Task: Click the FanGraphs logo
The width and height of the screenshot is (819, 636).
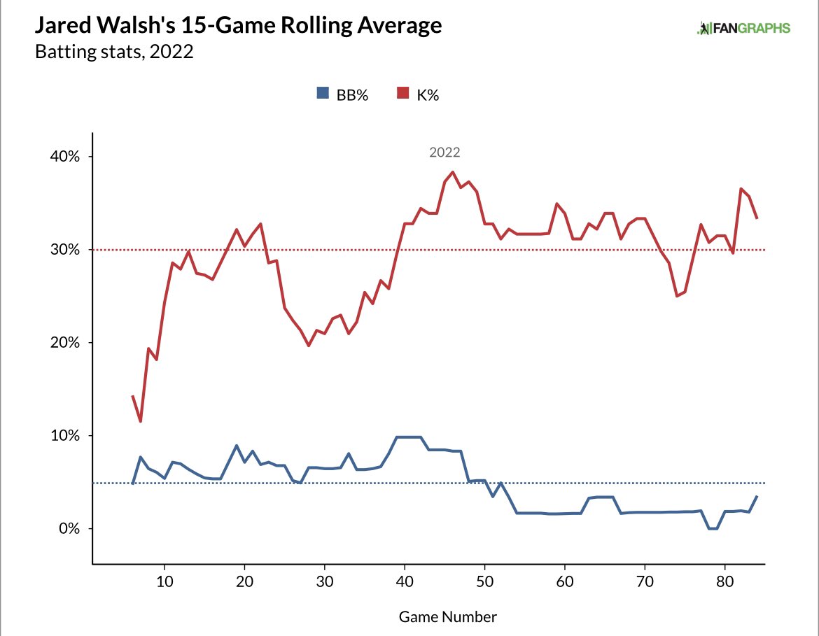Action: click(743, 28)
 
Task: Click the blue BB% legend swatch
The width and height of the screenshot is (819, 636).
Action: click(323, 93)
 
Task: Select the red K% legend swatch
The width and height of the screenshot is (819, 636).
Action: click(402, 93)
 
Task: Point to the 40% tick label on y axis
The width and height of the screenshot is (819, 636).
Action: click(65, 156)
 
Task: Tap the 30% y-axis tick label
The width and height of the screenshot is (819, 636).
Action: click(65, 250)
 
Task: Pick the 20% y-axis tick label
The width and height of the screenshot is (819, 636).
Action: click(65, 343)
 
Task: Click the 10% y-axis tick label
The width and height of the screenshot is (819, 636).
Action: click(65, 435)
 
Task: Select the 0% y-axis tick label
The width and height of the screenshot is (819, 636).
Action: click(69, 528)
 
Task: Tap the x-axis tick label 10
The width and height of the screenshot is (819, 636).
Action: click(164, 581)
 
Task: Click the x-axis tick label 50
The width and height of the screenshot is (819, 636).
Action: click(484, 581)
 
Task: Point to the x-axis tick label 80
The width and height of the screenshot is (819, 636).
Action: click(725, 581)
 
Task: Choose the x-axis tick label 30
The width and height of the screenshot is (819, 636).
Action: click(325, 581)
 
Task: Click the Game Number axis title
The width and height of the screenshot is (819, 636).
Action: click(447, 616)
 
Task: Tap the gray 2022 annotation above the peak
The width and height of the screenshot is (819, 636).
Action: click(444, 152)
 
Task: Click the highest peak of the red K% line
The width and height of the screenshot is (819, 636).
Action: click(453, 172)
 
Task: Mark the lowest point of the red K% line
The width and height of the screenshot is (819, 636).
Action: click(141, 421)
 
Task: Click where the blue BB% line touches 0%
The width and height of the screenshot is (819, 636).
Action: click(713, 528)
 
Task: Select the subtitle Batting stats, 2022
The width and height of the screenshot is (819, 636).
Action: click(114, 52)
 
